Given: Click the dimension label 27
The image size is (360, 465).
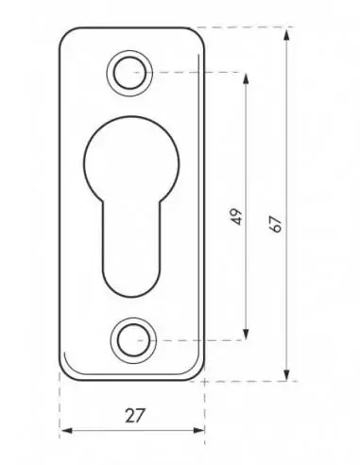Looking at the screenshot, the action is (x=135, y=416).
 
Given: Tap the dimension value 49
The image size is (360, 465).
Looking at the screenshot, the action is (x=236, y=216).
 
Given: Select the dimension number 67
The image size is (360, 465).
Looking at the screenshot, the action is (x=276, y=224).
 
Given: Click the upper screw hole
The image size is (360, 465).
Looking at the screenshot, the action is (x=129, y=73).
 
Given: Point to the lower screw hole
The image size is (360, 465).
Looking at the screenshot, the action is (x=133, y=340).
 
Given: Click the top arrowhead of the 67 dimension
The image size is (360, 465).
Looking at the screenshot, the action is (x=286, y=34).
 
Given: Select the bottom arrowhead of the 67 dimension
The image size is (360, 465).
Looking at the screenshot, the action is (x=286, y=374).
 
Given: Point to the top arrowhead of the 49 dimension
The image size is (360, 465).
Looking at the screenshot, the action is (x=246, y=79).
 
